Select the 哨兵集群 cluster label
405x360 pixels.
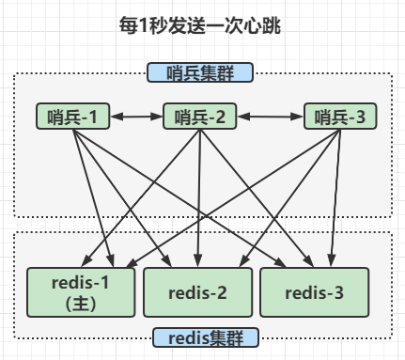pyautogui.click(x=201, y=72)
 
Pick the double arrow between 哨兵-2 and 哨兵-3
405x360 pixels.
pyautogui.click(x=269, y=117)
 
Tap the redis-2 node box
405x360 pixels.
pyautogui.click(x=197, y=291)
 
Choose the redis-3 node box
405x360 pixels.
pyautogui.click(x=316, y=291)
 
